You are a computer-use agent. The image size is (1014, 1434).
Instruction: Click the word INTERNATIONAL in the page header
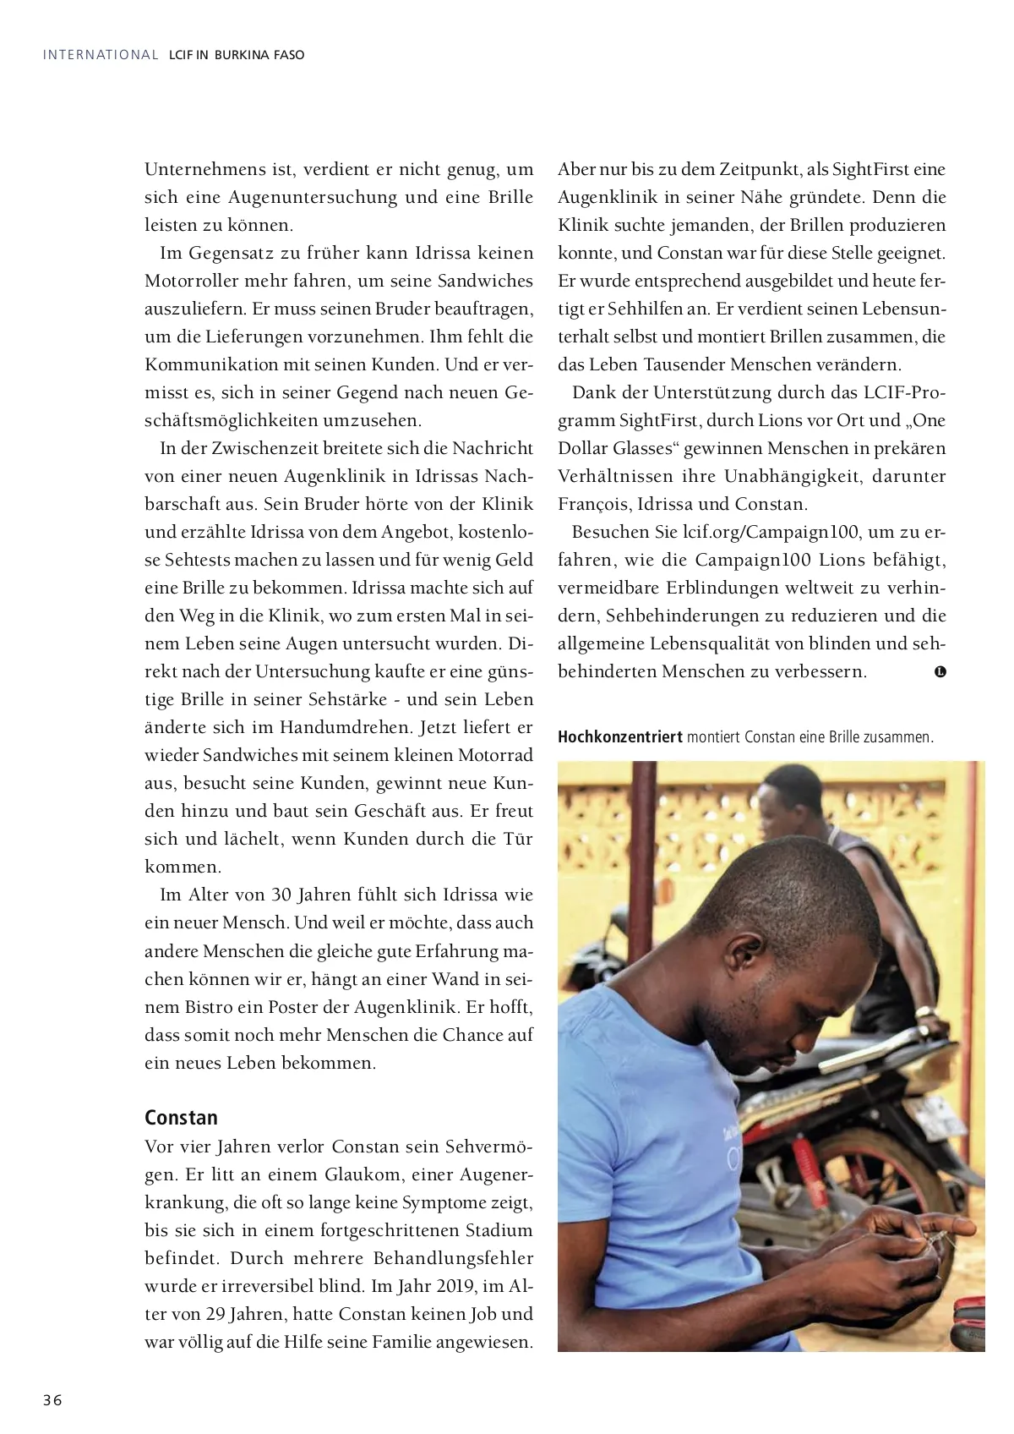point(101,55)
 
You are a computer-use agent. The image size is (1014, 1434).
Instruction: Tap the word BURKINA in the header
point(242,55)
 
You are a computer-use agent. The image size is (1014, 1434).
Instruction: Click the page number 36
point(53,1399)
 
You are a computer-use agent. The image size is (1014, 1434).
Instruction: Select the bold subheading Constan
point(181,1117)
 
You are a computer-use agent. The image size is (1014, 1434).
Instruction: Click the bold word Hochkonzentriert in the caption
point(619,736)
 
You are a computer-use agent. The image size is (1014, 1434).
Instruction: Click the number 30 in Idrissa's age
point(281,895)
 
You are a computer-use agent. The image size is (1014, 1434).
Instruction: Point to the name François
point(593,504)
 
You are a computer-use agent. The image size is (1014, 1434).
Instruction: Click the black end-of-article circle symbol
point(940,672)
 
